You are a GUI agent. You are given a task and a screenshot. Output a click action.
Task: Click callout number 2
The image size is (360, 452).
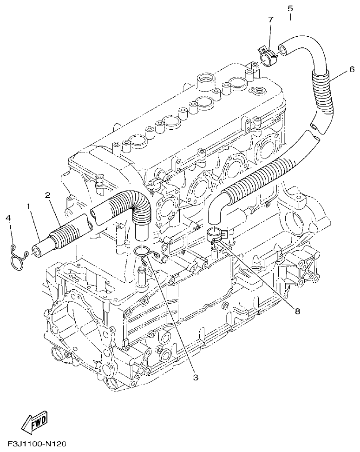pyautogui.click(x=48, y=195)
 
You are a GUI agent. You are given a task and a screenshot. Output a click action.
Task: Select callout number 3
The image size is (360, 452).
pyautogui.click(x=196, y=378)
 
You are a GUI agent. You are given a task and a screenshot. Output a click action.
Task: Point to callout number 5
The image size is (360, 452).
pyautogui.click(x=290, y=8)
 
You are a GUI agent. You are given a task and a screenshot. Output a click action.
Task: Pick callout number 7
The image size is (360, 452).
pyautogui.click(x=270, y=19)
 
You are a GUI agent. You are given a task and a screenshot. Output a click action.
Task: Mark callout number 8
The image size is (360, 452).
pyautogui.click(x=297, y=311)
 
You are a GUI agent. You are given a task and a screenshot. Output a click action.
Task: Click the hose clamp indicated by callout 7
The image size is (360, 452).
pyautogui.click(x=268, y=58)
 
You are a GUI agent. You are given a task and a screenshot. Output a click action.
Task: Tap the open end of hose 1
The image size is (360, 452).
pyautogui.click(x=36, y=252)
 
